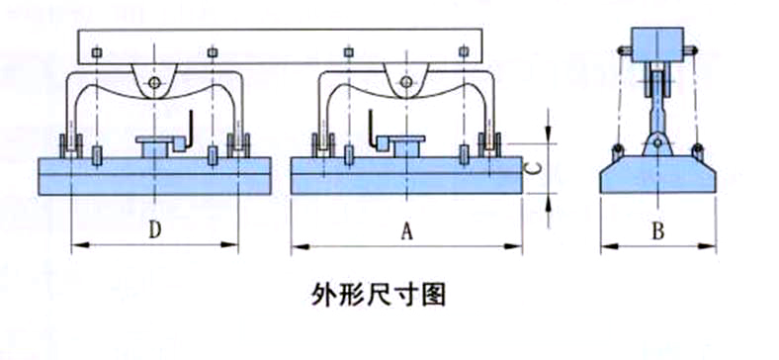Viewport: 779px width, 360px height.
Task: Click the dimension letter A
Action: pyautogui.click(x=405, y=230)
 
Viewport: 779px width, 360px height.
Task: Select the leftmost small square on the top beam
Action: pyautogui.click(x=94, y=50)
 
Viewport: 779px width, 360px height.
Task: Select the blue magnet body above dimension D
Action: pyautogui.click(x=154, y=175)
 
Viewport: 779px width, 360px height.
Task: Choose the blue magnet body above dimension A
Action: pyautogui.click(x=405, y=175)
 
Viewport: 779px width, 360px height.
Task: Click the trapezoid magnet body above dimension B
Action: pyautogui.click(x=656, y=175)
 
